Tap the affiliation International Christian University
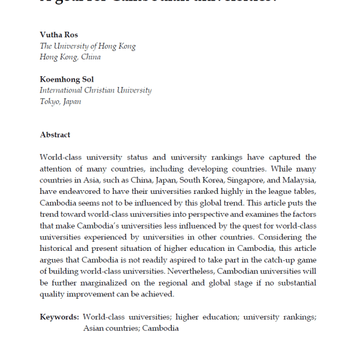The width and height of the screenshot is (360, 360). pyautogui.click(x=95, y=91)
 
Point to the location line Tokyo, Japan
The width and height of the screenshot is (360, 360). pyautogui.click(x=61, y=101)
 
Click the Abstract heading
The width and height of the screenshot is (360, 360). pyautogui.click(x=55, y=135)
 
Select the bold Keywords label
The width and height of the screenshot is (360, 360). pyautogui.click(x=59, y=317)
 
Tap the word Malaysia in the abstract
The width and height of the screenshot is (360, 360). pyautogui.click(x=298, y=181)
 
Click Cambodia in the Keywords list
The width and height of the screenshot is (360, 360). pyautogui.click(x=161, y=328)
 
